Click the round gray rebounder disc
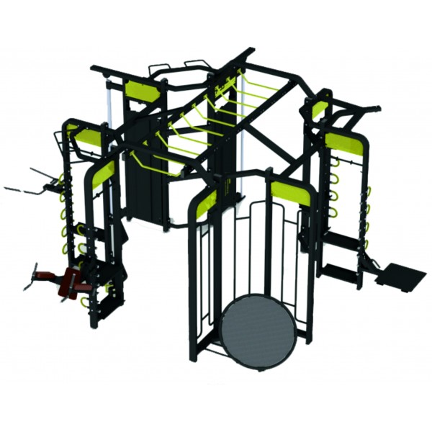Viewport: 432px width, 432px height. [259, 332]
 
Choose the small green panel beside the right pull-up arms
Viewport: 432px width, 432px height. [319, 109]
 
